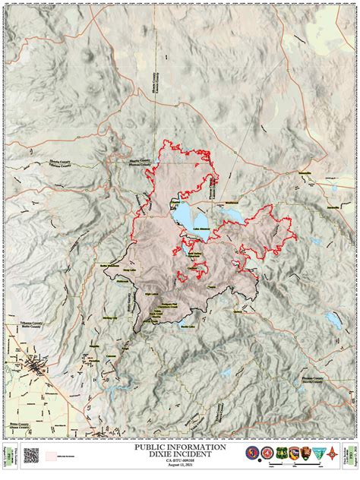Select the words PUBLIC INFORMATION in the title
click(179, 448)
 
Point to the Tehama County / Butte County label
click(22, 324)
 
